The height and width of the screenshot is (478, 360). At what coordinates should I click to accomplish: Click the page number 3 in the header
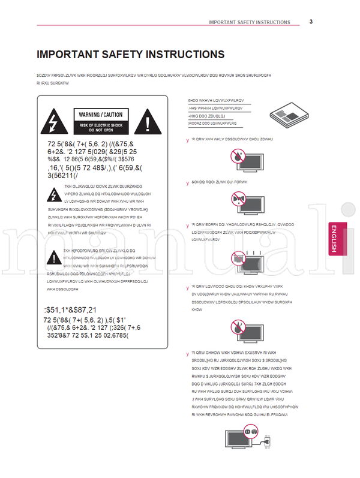pos(311,22)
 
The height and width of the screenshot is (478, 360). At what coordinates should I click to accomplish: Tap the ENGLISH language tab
pos(337,239)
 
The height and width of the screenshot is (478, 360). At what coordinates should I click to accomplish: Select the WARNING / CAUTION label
pos(101,115)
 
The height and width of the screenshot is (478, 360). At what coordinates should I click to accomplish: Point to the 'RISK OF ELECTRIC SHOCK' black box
pos(101,127)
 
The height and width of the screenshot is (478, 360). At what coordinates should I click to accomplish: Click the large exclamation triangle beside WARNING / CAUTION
pos(148,123)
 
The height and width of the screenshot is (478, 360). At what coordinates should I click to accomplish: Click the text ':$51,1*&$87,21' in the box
pos(71,309)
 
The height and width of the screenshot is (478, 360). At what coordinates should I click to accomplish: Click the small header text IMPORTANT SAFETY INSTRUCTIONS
pos(249,22)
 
